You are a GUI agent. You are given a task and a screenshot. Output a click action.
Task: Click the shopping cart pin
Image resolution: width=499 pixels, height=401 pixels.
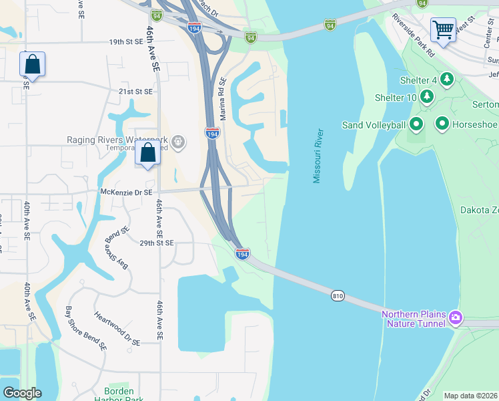pos(443,30)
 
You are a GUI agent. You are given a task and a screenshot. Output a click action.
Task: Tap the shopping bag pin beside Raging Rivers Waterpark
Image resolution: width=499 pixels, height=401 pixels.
pos(147,153)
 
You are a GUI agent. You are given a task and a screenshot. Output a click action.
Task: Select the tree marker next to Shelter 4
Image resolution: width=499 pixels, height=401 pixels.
pos(446,80)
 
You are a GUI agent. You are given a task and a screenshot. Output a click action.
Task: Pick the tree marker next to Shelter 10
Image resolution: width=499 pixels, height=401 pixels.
pos(427,98)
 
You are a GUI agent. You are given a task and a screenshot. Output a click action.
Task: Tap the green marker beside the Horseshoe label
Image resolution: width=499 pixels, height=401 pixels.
pos(442,124)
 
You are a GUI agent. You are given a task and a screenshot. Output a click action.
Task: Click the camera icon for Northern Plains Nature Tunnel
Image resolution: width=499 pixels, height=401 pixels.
pos(455,317)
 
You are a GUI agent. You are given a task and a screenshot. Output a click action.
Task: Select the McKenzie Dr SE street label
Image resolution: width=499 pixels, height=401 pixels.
pos(126,192)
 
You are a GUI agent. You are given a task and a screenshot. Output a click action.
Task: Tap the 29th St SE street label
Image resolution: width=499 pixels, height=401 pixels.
pos(155,243)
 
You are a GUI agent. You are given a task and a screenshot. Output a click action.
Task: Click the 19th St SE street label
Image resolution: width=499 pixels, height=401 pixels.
pos(127,41)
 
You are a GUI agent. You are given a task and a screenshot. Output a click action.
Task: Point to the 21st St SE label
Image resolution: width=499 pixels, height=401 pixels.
pos(135,92)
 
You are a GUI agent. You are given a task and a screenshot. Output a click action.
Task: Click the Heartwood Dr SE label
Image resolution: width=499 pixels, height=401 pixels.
pos(117,328)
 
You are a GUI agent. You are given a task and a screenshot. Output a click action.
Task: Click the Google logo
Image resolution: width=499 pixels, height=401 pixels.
pos(22,393)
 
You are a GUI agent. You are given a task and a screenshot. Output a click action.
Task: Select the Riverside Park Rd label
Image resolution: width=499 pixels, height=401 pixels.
pos(414,35)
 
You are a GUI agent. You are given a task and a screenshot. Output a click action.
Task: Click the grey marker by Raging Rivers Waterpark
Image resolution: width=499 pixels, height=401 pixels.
pos(177,141)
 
